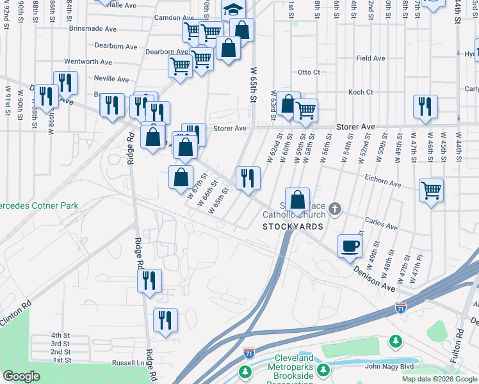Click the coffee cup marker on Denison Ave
coord(350,246)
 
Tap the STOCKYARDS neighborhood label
coord(293,227)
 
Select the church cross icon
coord(334,209)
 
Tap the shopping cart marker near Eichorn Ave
coord(432,190)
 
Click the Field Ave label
coord(370,58)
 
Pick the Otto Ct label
coord(308,72)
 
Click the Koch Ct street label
coord(360,92)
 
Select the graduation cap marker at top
coord(234,10)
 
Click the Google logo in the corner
coord(21,376)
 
